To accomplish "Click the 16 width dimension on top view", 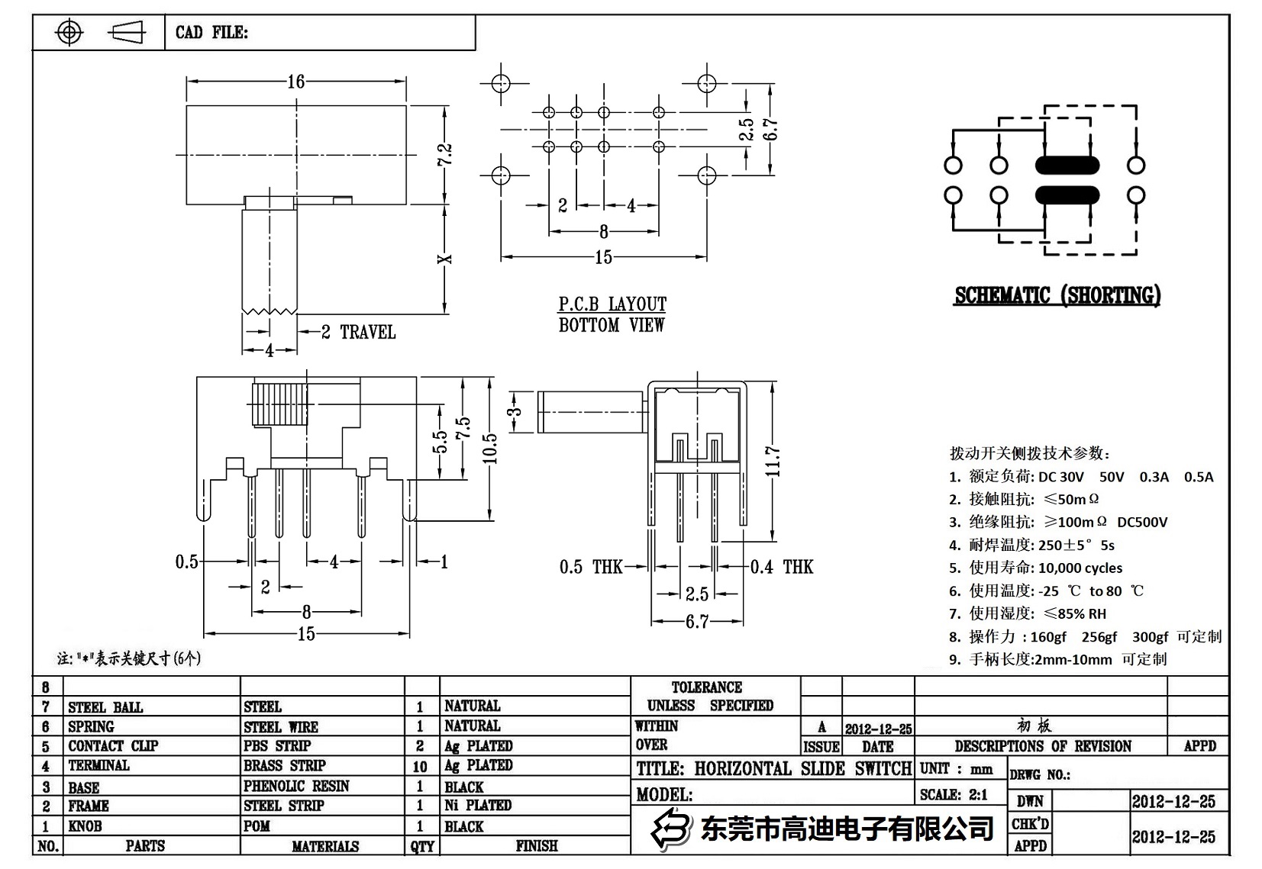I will (x=295, y=81).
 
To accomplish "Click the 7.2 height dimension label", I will (x=445, y=155).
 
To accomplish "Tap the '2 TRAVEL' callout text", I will (x=358, y=332).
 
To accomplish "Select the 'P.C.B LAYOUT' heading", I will (x=612, y=304).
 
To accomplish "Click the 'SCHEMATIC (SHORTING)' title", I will (x=1057, y=296).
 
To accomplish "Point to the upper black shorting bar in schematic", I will (x=1067, y=165).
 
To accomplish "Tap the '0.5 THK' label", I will (x=591, y=567).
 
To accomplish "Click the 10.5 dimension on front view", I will (x=490, y=449).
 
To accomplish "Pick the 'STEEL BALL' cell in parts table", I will (x=105, y=707).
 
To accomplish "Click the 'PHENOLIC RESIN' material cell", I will (x=296, y=786).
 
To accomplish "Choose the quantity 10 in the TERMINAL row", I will (x=420, y=766).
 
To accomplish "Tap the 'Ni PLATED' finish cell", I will (x=478, y=806).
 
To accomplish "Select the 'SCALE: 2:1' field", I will (x=954, y=794).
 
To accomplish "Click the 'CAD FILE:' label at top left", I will (x=211, y=33).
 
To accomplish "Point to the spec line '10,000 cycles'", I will (x=1080, y=568).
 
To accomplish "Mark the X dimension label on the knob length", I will (x=445, y=259).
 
